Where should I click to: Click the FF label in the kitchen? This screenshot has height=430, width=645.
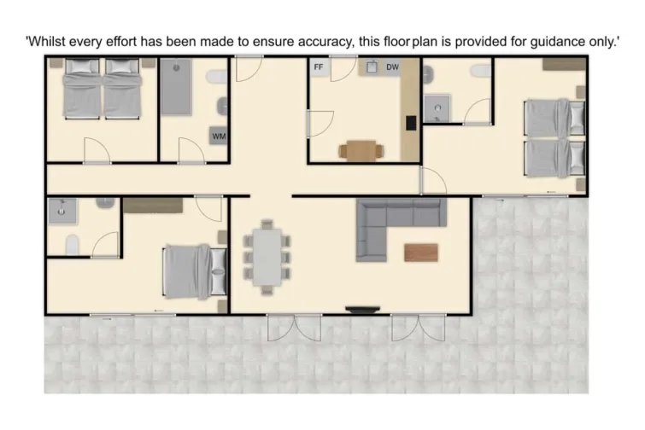319,67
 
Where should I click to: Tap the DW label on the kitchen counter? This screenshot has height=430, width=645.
392,67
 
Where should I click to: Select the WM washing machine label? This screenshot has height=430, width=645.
219,137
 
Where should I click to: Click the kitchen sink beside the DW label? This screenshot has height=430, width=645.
372,67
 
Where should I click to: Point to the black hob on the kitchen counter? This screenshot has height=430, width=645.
411,122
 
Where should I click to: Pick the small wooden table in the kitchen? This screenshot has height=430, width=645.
361,150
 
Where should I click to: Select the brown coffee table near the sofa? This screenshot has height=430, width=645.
421,252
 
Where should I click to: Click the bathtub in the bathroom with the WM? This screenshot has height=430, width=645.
179,88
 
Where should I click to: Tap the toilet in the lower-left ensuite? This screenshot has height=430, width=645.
73,245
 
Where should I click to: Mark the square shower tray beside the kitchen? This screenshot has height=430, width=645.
439,107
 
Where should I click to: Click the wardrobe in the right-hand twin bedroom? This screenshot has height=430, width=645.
565,63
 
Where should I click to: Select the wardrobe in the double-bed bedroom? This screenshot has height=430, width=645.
153,206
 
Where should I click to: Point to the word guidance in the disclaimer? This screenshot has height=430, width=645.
534,41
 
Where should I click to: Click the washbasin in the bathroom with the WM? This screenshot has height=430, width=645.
223,107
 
